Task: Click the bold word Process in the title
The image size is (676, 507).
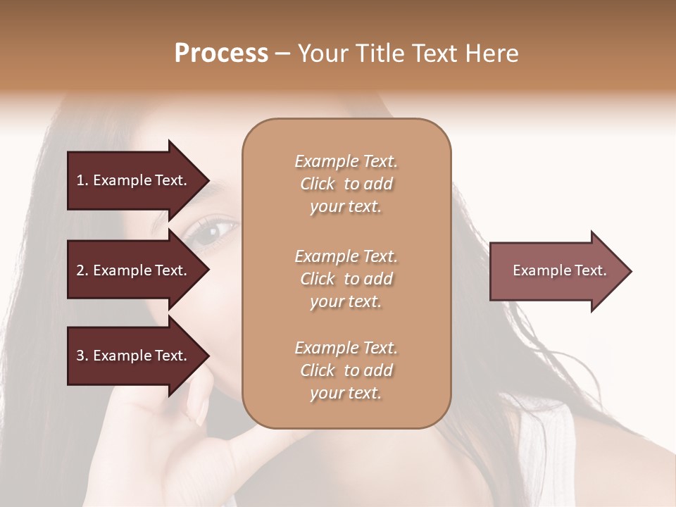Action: click(221, 54)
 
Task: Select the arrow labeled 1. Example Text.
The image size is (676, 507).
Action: click(134, 180)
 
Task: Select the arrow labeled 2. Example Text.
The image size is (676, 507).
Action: click(134, 270)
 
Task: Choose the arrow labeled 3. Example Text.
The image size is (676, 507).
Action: click(134, 356)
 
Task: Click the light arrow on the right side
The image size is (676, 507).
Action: click(556, 271)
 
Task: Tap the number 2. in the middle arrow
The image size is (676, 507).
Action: click(82, 270)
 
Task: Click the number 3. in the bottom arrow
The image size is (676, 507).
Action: click(82, 356)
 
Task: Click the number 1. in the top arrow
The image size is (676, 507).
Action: click(82, 180)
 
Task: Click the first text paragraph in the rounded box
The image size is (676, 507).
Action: click(346, 184)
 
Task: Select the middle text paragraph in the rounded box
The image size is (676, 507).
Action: click(346, 279)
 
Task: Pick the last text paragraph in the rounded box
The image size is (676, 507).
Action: click(346, 370)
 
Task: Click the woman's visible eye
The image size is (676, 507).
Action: click(211, 232)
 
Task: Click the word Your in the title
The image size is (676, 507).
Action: click(322, 54)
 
